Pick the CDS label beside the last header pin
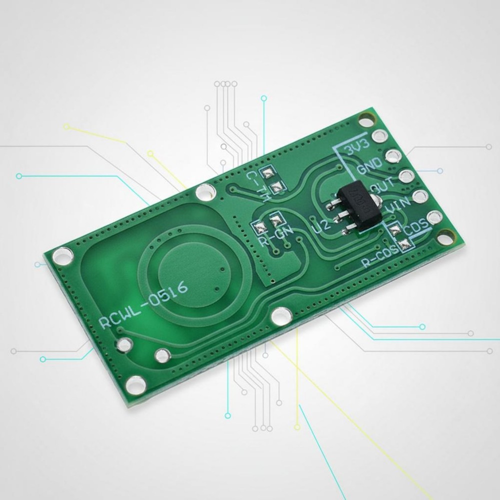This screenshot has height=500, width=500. click(416, 226)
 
